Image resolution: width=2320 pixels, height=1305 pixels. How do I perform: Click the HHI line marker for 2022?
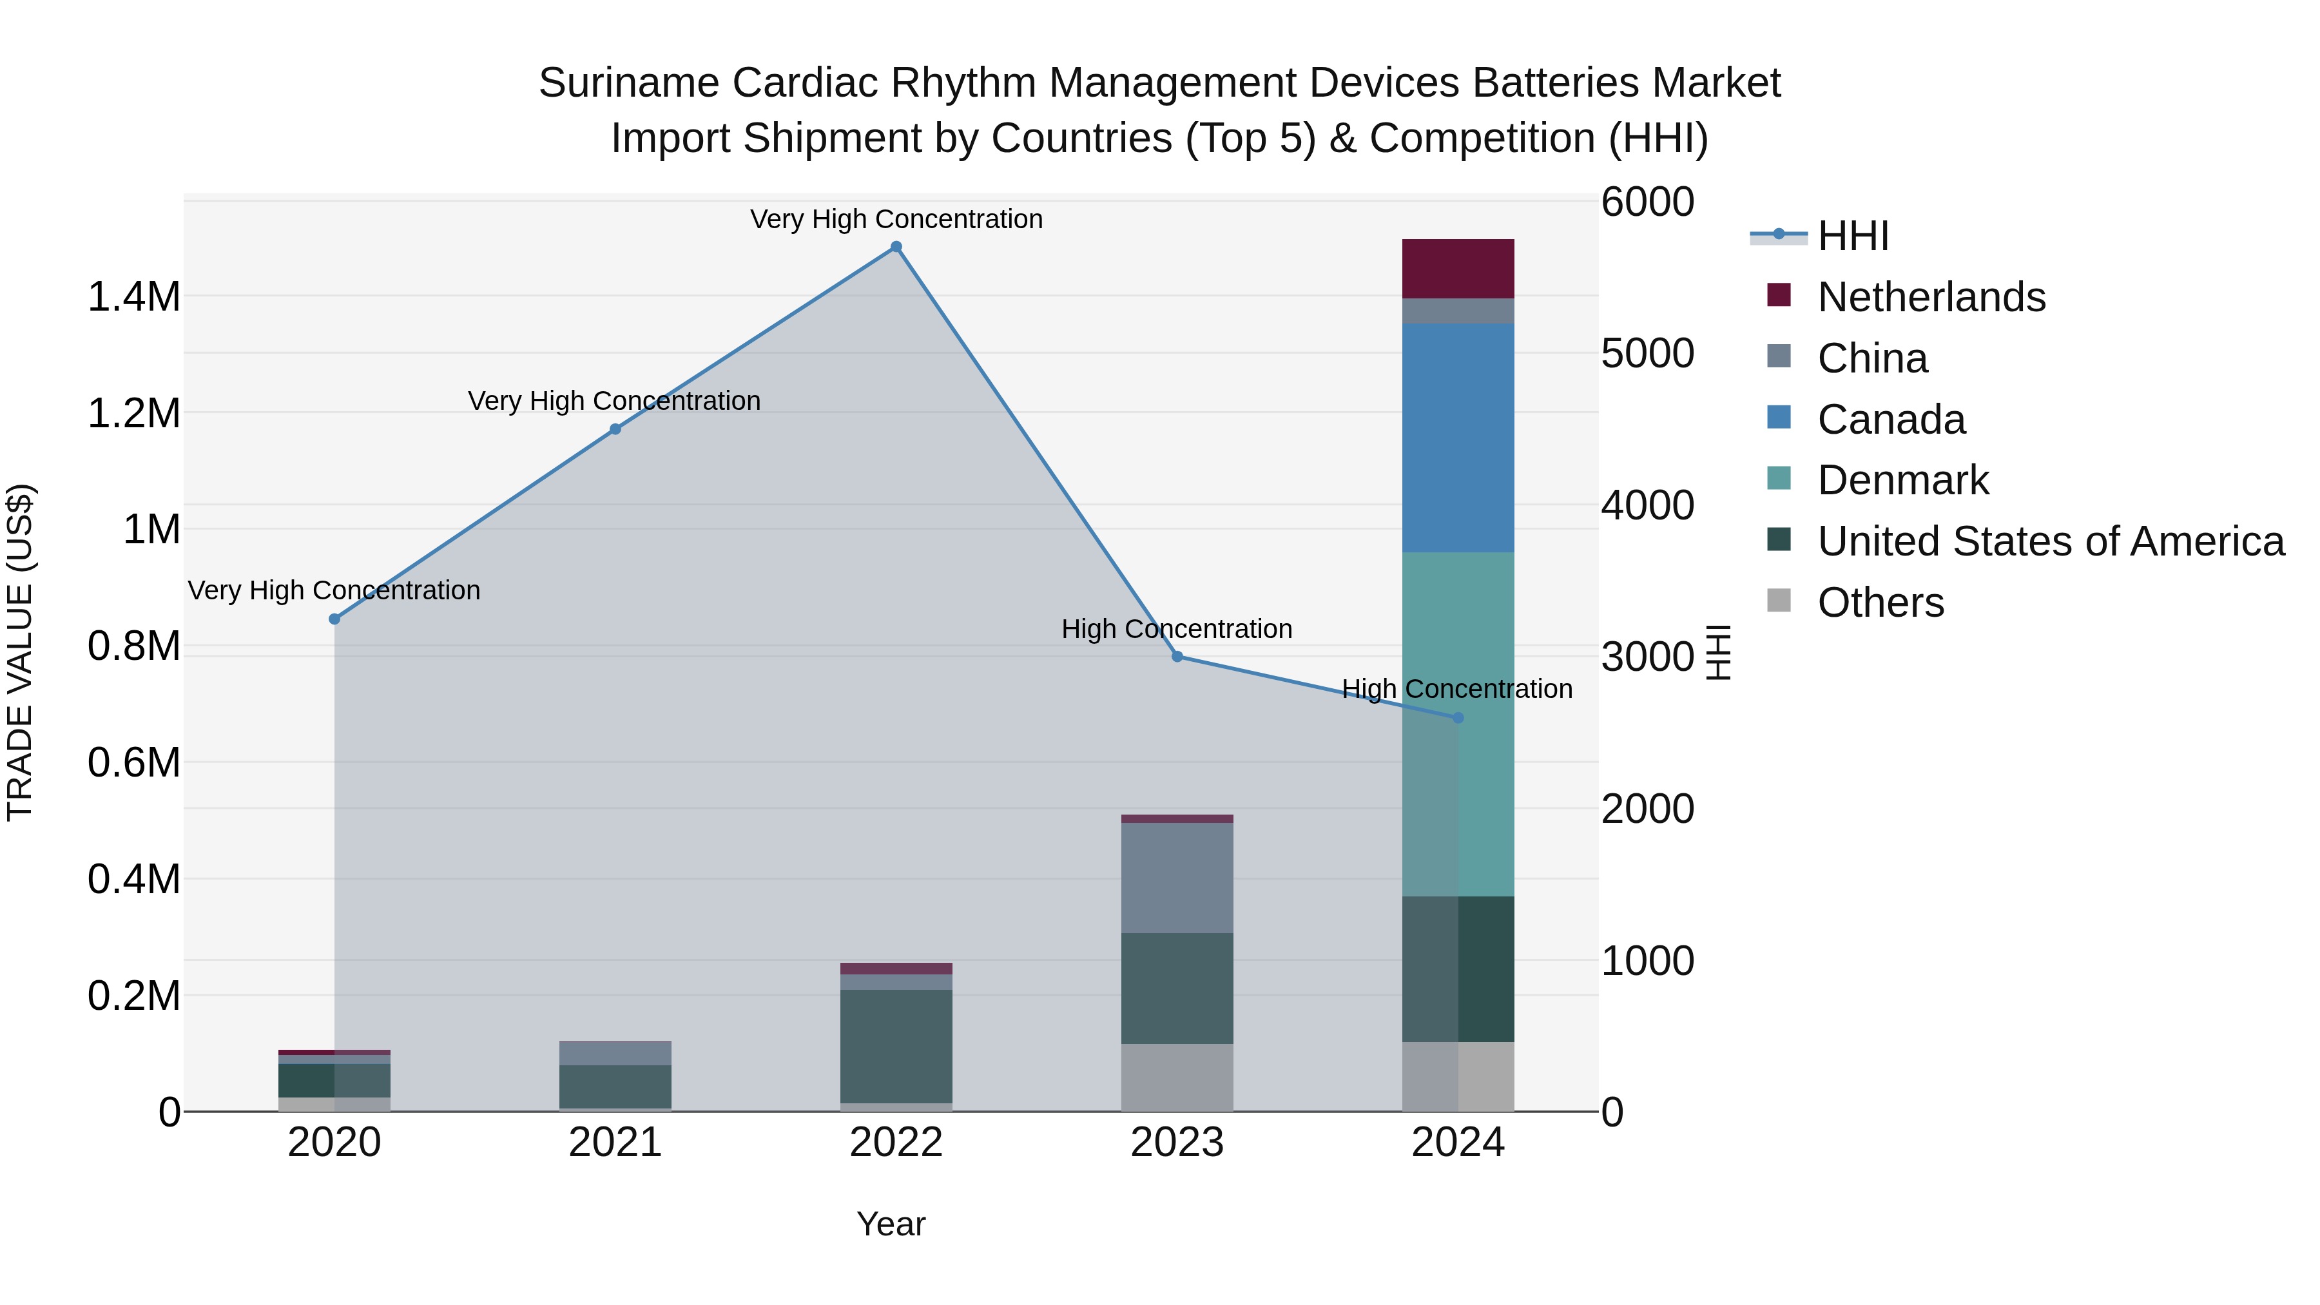pyautogui.click(x=896, y=247)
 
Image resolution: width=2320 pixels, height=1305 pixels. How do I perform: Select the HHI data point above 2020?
pyautogui.click(x=334, y=619)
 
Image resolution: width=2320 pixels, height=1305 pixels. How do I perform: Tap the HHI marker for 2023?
pyautogui.click(x=1177, y=657)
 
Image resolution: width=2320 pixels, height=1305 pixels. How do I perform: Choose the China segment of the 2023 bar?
pyautogui.click(x=1177, y=878)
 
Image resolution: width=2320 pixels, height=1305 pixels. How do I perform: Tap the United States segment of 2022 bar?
pyautogui.click(x=896, y=1047)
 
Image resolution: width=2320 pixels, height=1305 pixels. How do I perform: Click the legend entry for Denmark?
pyautogui.click(x=1902, y=480)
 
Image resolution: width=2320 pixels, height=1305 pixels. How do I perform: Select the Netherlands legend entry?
pyautogui.click(x=1931, y=297)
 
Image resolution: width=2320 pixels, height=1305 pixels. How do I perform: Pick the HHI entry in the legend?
pyautogui.click(x=1853, y=236)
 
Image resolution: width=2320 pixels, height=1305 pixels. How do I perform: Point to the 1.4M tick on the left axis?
pyautogui.click(x=133, y=297)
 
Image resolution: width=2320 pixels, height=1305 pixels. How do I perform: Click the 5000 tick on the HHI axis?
pyautogui.click(x=1647, y=353)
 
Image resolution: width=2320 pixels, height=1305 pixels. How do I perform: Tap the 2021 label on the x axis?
pyautogui.click(x=615, y=1143)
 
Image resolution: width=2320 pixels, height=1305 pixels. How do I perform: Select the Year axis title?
pyautogui.click(x=891, y=1224)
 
